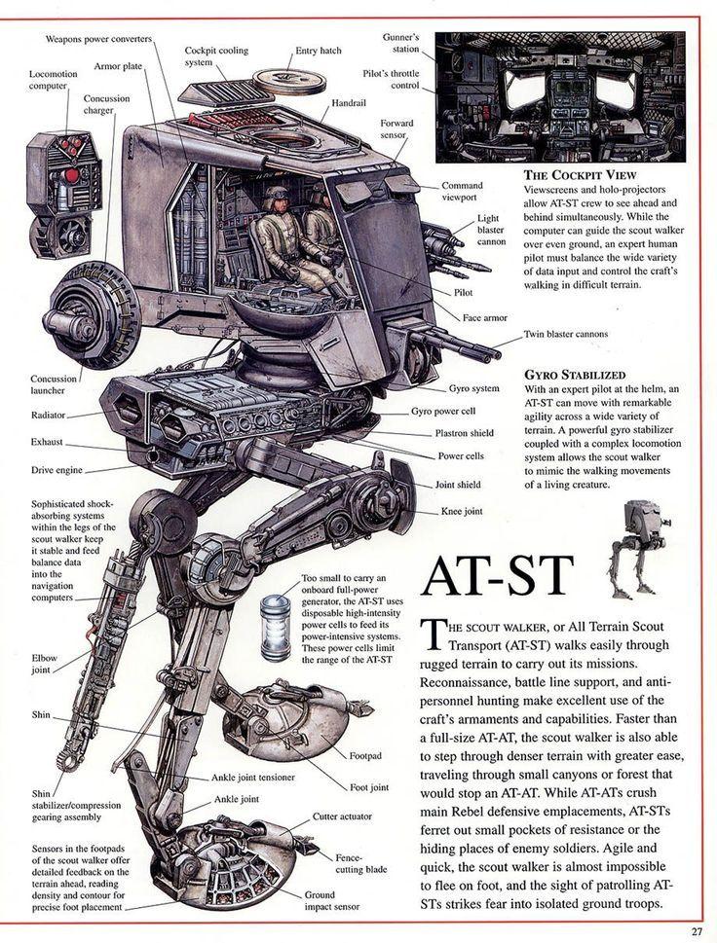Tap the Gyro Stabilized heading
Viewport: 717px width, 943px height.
coord(575,374)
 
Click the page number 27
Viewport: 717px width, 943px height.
coord(697,930)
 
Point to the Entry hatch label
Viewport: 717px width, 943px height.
coord(319,51)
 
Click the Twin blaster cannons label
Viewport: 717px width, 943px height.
coord(565,334)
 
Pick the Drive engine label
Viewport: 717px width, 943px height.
coord(57,470)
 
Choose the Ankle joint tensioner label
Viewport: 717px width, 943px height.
coord(253,778)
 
